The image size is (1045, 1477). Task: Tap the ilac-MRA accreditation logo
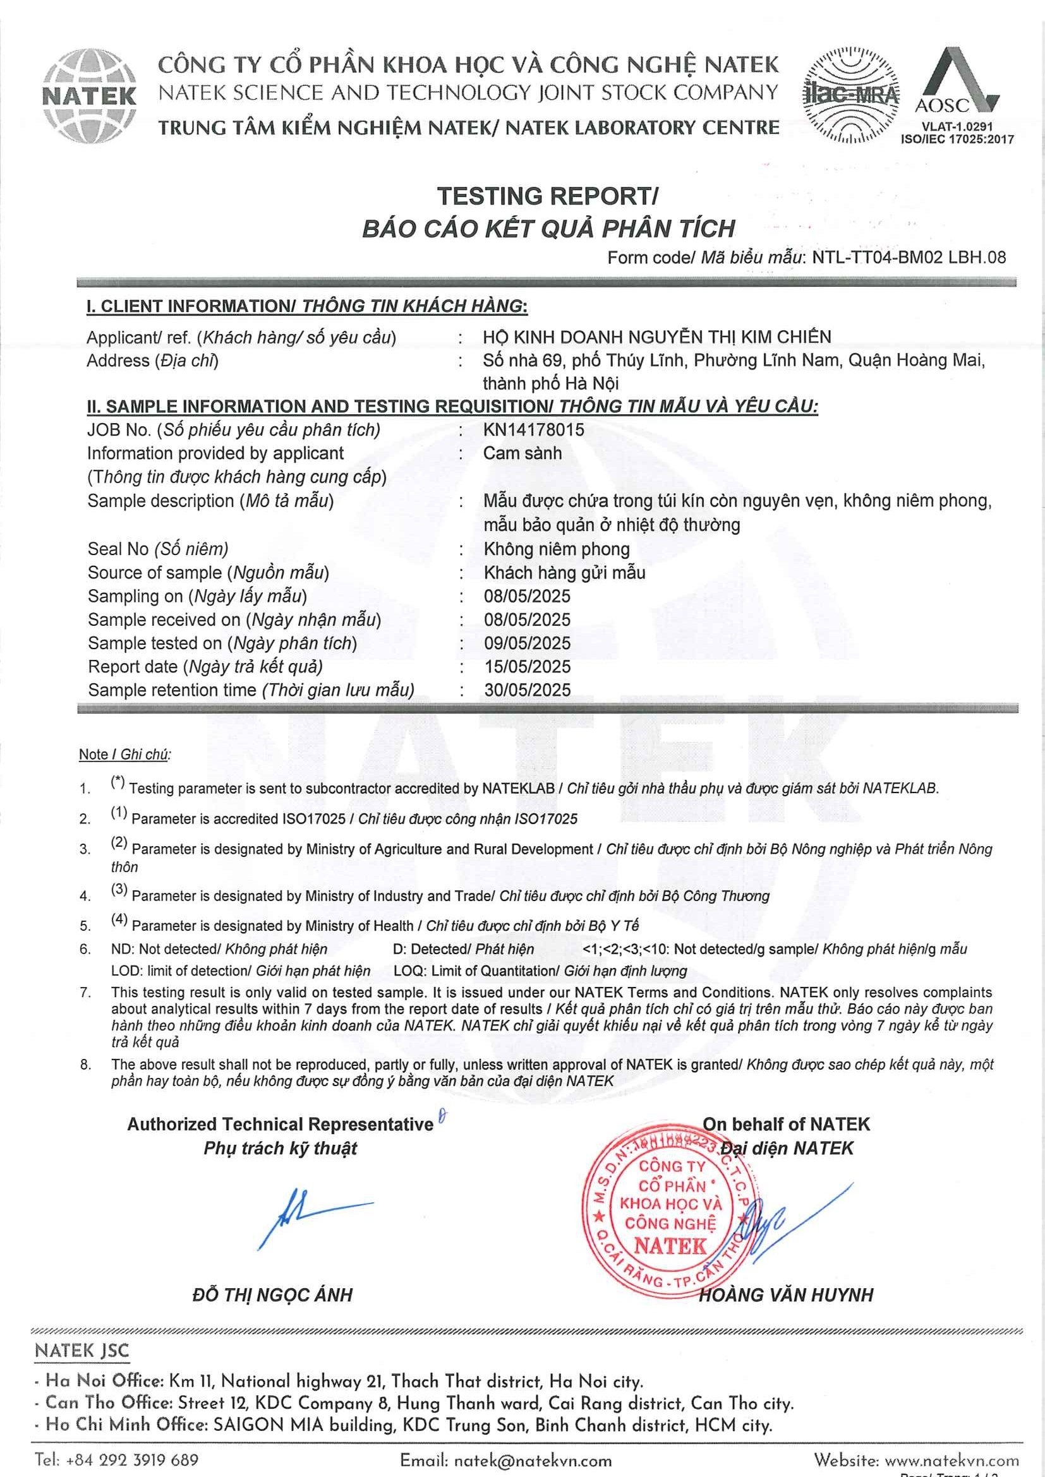click(851, 95)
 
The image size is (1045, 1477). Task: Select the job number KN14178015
click(533, 430)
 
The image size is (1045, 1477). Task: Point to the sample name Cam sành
click(522, 453)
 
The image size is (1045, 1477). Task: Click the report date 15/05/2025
click(527, 666)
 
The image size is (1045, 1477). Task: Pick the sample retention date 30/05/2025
click(527, 690)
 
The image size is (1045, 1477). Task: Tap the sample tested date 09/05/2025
click(527, 643)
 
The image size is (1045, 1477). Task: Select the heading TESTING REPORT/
click(548, 196)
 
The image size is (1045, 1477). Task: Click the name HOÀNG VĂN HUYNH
click(786, 1295)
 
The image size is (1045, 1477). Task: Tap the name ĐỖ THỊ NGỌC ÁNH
click(272, 1295)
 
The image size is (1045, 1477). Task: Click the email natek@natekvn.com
click(533, 1461)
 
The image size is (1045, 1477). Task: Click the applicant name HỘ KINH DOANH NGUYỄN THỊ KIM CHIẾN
click(656, 337)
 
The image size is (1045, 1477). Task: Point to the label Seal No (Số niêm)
click(158, 549)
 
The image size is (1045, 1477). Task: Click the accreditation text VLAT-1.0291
click(957, 128)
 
